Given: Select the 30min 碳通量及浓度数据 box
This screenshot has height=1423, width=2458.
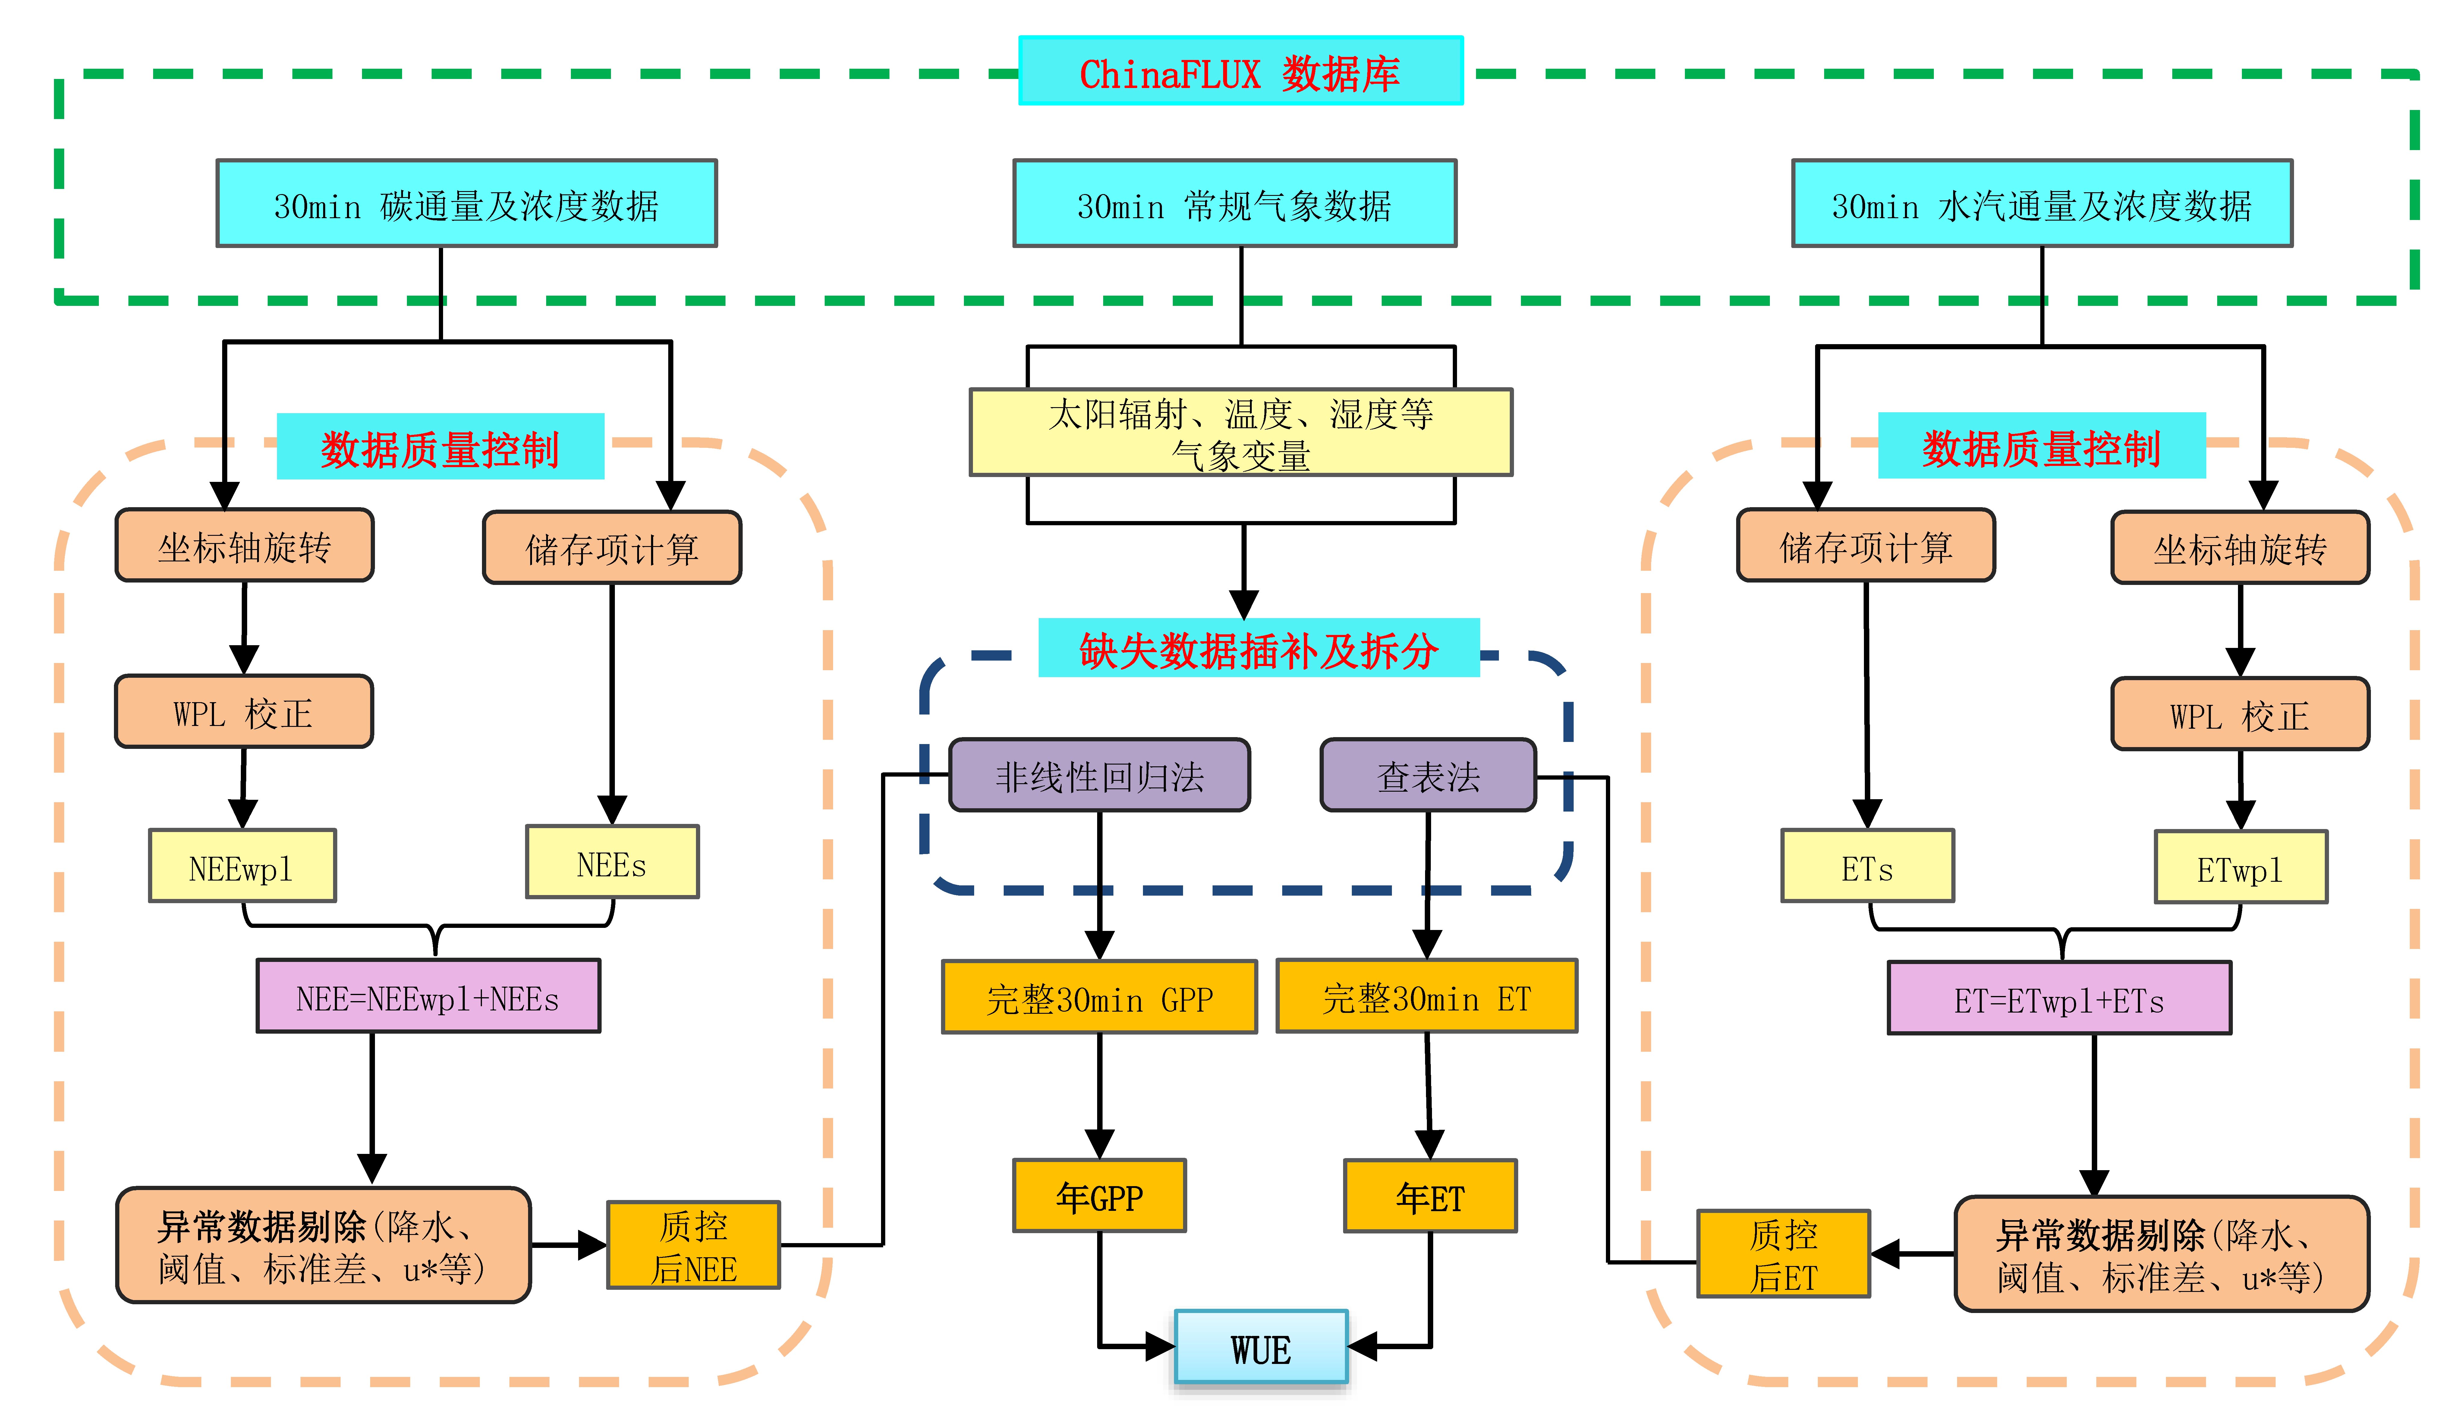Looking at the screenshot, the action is tap(466, 203).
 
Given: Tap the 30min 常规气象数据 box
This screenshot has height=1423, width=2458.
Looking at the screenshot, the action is tap(1235, 203).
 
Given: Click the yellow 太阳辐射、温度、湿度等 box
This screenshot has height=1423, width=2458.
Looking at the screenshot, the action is tap(1241, 432).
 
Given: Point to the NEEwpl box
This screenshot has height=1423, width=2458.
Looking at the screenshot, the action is tap(242, 865).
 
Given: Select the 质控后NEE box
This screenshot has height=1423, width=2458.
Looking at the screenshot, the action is tap(694, 1245).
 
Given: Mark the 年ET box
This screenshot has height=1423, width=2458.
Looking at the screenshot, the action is tap(1430, 1196).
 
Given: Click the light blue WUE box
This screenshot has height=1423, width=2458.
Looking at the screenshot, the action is tap(1261, 1347).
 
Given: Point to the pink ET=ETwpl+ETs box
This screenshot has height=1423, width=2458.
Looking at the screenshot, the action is tap(2059, 998).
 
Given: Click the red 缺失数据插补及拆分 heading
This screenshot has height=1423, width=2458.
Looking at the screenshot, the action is tap(1258, 649).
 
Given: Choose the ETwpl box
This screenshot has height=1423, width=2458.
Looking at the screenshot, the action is tap(2240, 867).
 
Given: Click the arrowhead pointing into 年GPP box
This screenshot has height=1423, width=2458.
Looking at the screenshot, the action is tap(1099, 1144).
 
